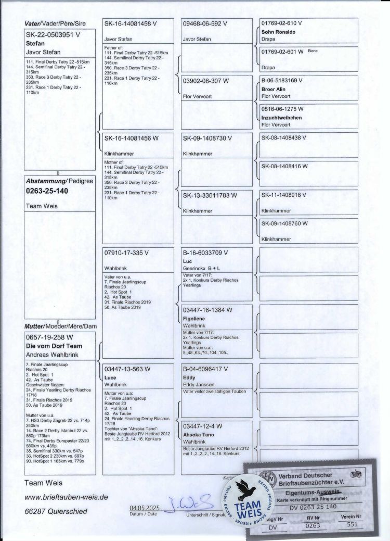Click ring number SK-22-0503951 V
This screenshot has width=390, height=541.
click(x=53, y=35)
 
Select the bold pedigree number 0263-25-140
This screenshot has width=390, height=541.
click(x=47, y=191)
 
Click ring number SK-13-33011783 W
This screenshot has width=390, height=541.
click(x=210, y=195)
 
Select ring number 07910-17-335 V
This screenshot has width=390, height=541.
click(x=127, y=253)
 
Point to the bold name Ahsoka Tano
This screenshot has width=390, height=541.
click(x=200, y=433)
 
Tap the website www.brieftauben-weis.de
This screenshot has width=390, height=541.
click(x=66, y=497)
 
